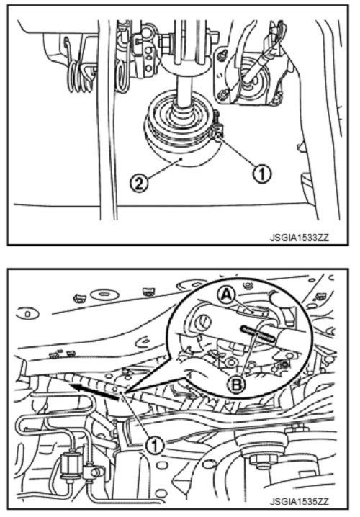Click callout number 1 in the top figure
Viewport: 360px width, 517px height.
[x=262, y=173]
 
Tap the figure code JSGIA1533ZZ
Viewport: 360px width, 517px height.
[x=300, y=237]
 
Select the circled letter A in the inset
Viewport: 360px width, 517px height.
[x=226, y=295]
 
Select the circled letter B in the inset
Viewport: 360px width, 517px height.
[x=237, y=384]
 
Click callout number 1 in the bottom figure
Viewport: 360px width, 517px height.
[x=155, y=446]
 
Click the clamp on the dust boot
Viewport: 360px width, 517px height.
[x=215, y=127]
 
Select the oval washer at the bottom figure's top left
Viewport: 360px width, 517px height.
[x=104, y=293]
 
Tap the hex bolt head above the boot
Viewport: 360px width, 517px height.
[x=166, y=42]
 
